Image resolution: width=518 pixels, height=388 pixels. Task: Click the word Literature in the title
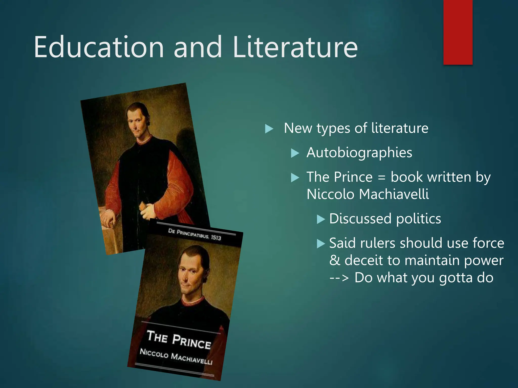click(x=295, y=47)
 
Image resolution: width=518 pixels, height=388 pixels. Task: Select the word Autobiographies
click(x=359, y=153)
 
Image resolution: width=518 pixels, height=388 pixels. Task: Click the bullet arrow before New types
click(x=269, y=129)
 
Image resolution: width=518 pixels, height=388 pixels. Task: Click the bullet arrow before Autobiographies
click(x=295, y=153)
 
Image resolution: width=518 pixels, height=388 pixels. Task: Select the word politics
click(x=419, y=219)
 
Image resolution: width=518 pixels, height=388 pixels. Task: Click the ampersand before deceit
click(x=335, y=260)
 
